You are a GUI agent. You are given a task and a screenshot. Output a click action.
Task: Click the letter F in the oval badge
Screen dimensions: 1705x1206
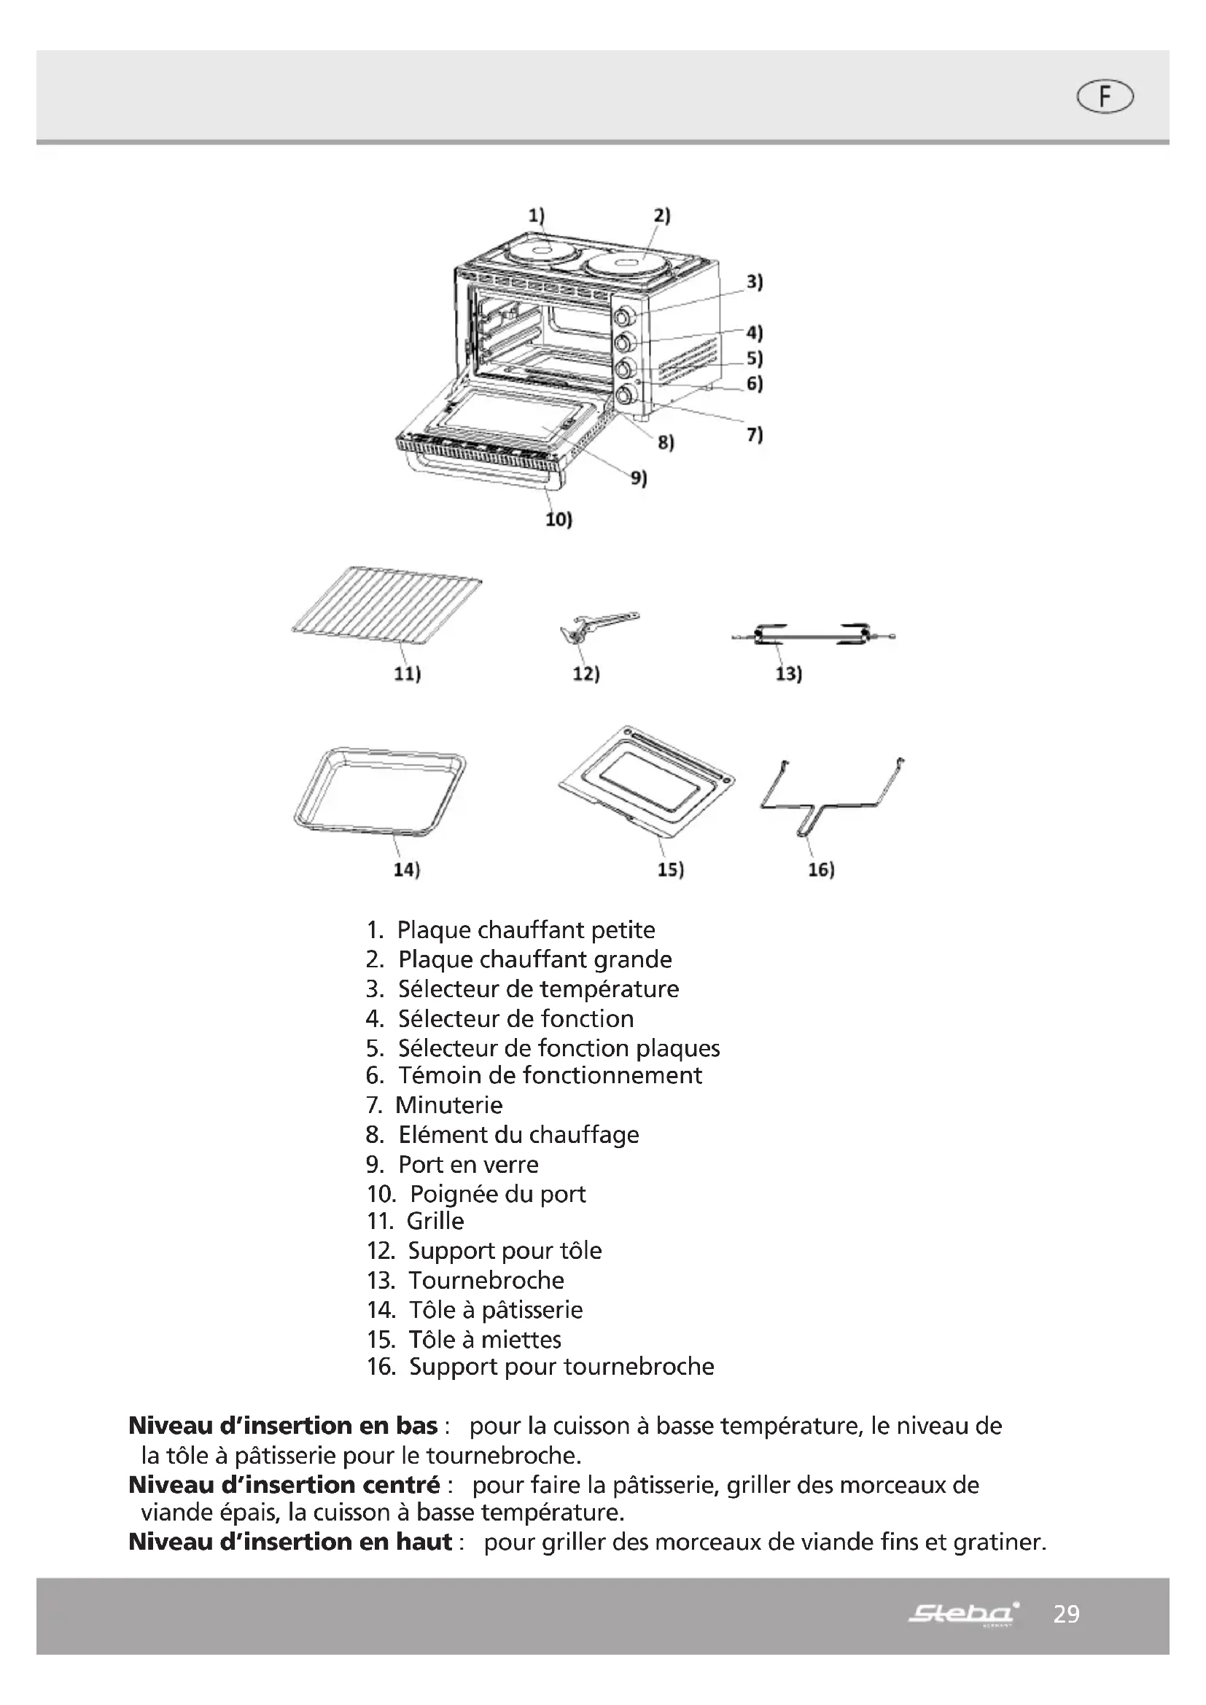point(1105,97)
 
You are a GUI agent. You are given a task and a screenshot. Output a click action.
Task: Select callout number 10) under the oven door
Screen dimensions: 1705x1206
point(559,519)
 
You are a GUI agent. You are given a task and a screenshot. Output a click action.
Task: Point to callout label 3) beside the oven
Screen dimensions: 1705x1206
point(754,282)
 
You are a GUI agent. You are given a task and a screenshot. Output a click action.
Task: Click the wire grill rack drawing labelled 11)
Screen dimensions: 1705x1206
point(387,601)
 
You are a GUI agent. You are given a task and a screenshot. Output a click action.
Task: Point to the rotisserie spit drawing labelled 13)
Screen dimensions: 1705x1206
point(812,636)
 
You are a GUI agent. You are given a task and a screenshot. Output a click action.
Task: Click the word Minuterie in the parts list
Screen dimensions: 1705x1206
point(448,1105)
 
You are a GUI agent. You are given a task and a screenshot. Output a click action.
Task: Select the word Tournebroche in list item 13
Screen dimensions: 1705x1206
point(486,1280)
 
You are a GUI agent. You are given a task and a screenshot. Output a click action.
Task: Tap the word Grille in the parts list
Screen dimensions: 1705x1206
point(435,1221)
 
